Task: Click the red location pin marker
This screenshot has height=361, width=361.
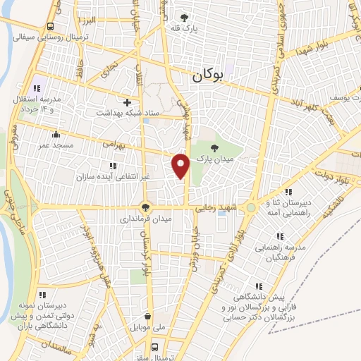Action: point(182,166)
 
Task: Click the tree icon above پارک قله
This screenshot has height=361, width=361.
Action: point(185,17)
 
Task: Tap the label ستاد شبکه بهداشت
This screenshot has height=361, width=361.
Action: point(128,112)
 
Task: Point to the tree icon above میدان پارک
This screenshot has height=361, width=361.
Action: point(215,149)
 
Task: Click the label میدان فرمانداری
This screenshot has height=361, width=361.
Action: point(145,219)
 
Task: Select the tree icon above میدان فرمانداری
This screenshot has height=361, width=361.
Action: point(145,207)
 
